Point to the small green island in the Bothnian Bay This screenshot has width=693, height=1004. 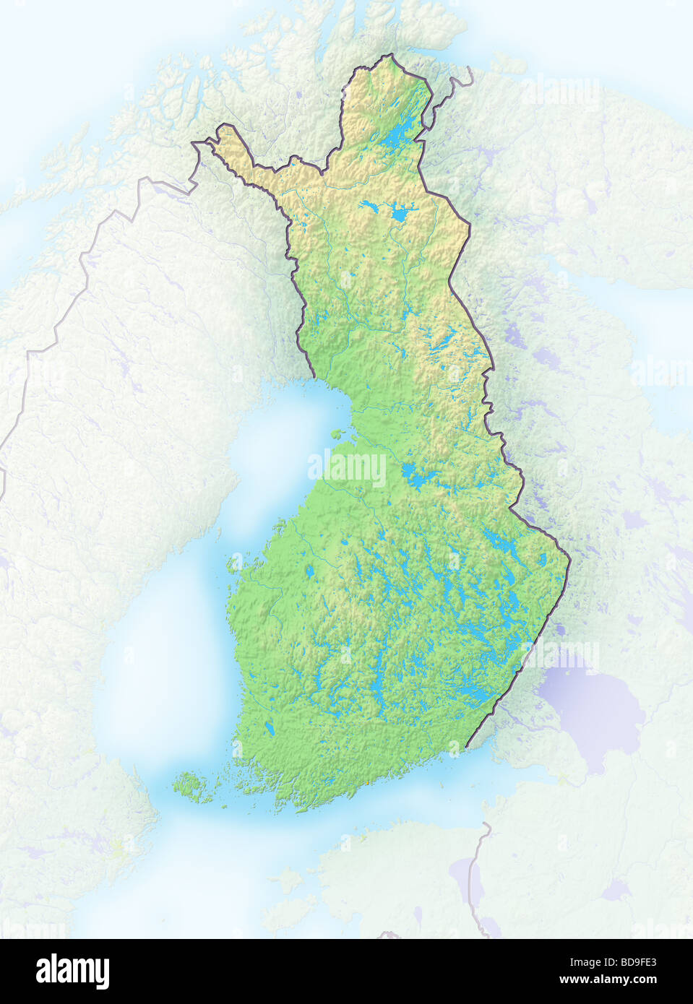(x=337, y=434)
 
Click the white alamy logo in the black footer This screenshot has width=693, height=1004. (x=72, y=971)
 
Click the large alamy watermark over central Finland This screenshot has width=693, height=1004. (x=347, y=469)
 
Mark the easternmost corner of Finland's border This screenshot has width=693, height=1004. (x=569, y=558)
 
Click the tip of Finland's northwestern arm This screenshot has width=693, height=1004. (x=194, y=143)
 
